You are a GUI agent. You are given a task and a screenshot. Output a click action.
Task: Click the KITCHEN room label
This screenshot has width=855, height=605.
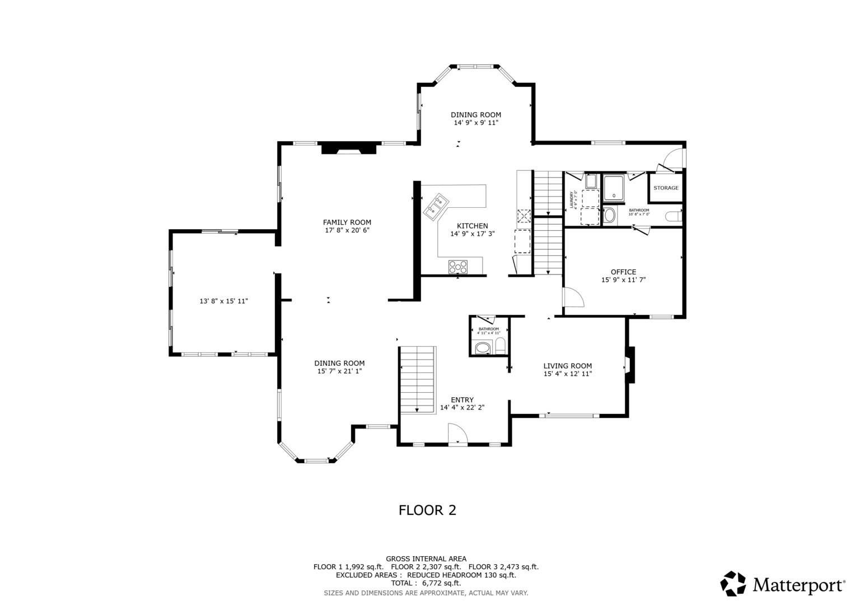(473, 226)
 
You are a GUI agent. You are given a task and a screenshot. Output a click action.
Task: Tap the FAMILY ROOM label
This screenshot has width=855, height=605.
(347, 222)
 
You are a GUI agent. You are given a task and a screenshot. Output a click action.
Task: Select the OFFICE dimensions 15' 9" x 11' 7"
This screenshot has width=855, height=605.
(623, 280)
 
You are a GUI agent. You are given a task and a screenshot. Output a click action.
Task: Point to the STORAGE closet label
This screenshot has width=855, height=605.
(666, 188)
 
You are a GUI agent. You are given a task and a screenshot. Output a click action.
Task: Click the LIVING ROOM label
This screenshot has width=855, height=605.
(567, 366)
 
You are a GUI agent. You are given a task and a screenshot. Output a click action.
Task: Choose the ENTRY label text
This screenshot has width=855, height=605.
(462, 400)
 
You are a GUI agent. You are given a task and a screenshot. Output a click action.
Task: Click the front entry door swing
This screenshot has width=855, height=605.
(457, 434)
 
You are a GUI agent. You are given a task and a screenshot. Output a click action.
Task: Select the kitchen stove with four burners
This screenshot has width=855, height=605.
(457, 267)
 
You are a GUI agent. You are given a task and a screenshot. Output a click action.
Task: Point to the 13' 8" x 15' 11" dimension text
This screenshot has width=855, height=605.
(223, 301)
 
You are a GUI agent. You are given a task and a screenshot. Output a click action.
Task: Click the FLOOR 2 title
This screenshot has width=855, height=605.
(427, 510)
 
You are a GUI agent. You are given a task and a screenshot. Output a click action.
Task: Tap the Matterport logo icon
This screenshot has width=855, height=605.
(733, 584)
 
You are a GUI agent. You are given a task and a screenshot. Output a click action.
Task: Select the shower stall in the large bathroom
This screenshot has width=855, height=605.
(615, 187)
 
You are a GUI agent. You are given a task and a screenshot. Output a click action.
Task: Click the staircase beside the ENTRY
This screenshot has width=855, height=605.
(418, 380)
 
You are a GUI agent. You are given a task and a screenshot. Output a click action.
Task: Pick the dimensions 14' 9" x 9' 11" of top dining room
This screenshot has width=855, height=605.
(475, 123)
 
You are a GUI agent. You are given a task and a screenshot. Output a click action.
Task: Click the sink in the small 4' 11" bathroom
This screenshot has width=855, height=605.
(482, 348)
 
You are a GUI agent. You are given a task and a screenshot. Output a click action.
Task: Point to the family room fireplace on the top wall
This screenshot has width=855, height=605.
(349, 148)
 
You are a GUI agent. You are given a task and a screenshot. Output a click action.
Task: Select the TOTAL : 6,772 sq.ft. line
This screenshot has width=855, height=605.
(426, 583)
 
